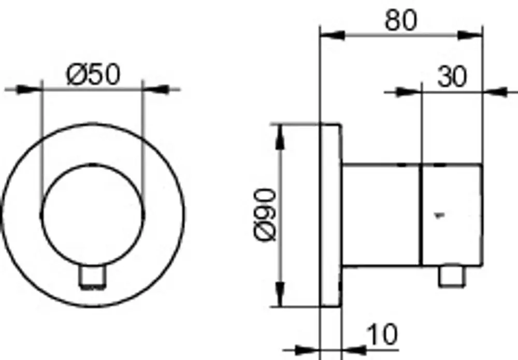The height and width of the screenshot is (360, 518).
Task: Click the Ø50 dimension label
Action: (93, 75)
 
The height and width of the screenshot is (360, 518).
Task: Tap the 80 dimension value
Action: (401, 20)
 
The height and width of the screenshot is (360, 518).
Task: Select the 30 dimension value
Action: (452, 77)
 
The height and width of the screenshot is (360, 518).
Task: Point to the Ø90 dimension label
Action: (265, 214)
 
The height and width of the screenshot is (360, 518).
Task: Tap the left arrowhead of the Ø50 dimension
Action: (29, 89)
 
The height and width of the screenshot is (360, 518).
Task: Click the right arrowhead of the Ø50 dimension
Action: (156, 89)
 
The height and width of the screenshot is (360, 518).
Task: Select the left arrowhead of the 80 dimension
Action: (333, 35)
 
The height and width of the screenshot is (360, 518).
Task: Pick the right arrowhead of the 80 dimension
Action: (470, 35)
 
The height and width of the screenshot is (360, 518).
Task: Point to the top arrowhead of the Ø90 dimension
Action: (280, 137)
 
